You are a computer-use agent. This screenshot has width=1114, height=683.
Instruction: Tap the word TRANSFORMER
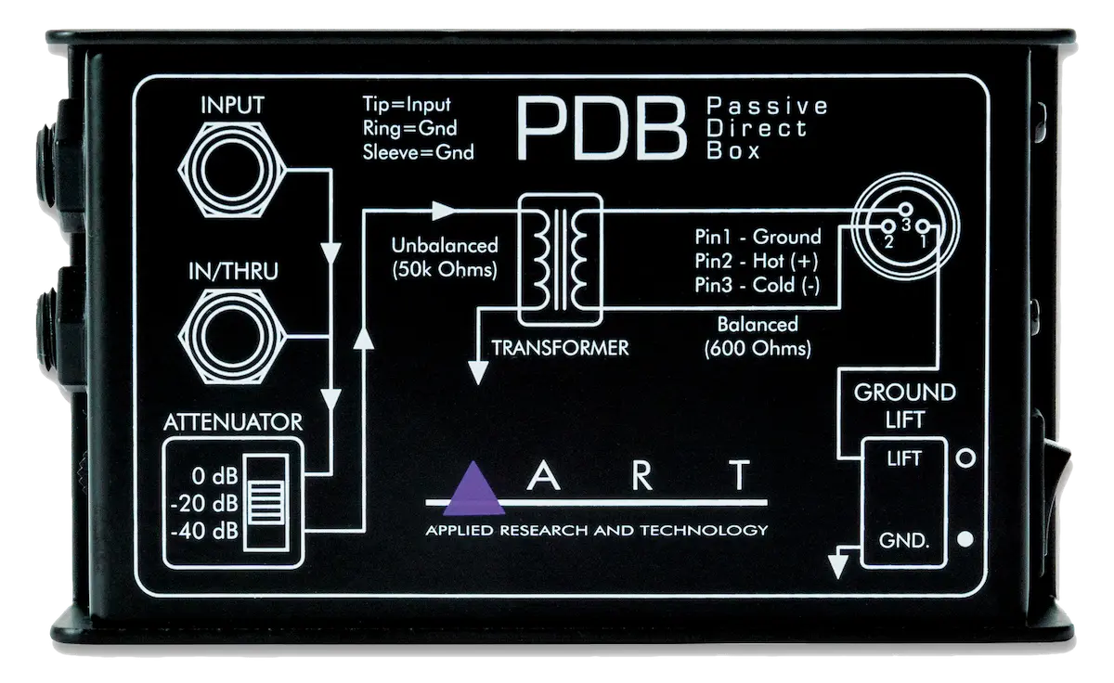point(560,348)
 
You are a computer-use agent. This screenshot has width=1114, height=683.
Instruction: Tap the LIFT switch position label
point(905,457)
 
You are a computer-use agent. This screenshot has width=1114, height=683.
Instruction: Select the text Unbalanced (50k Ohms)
point(445,257)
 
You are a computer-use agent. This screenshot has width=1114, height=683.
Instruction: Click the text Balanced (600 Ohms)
point(758,337)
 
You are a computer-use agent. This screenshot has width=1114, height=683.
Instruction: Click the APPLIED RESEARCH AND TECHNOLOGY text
point(596,530)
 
